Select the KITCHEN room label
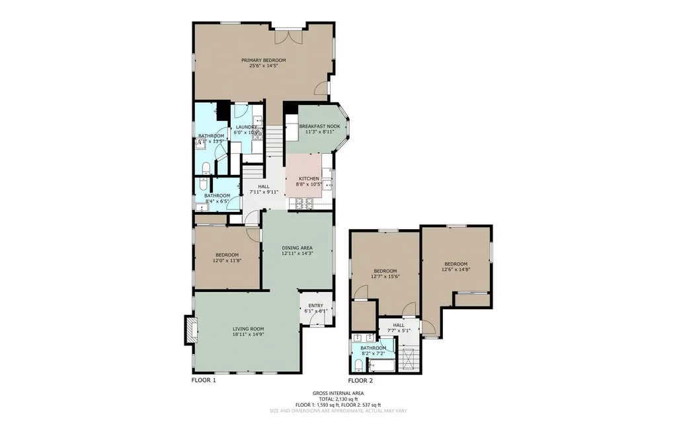309,179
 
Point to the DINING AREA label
297,248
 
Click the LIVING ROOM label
248,329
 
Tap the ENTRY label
315,305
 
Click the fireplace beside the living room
190,330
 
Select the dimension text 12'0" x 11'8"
227,261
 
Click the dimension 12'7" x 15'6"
385,277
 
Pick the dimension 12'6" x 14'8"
456,269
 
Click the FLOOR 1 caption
204,380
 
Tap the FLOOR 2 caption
360,380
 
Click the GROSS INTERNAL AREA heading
338,393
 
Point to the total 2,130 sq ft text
338,399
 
